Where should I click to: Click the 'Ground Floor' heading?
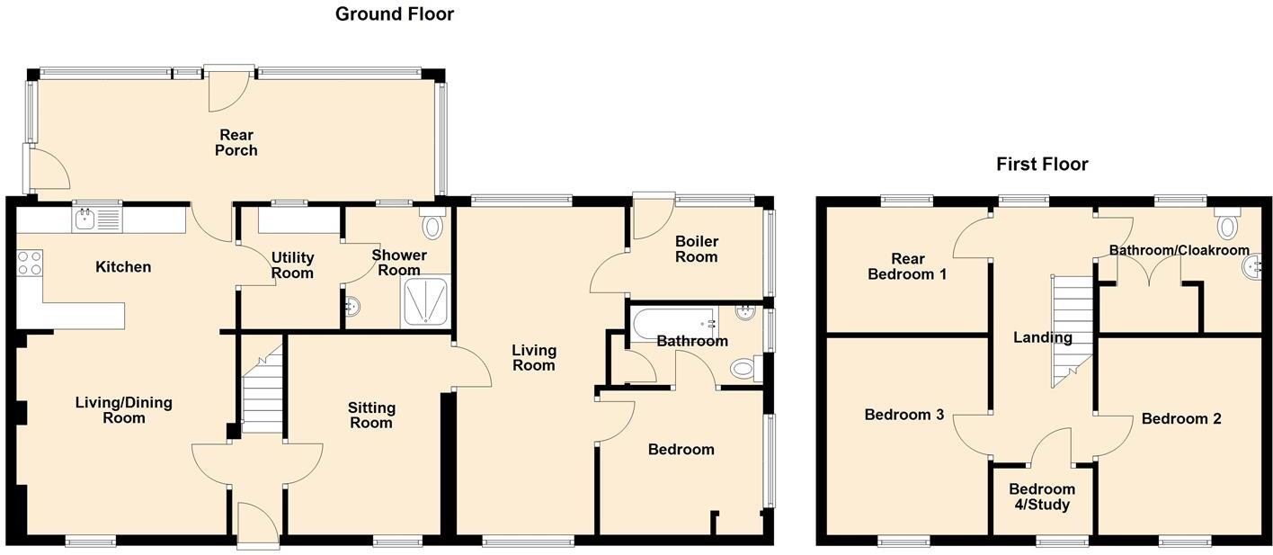click(x=394, y=13)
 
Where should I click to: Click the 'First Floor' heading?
click(x=1041, y=164)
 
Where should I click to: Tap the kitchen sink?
click(x=87, y=218)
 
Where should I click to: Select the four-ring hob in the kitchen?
click(x=28, y=263)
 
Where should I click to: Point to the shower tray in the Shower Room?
click(x=423, y=300)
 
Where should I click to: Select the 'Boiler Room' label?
click(x=697, y=249)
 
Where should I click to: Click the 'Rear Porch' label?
click(x=236, y=143)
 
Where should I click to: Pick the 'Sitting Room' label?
click(x=370, y=415)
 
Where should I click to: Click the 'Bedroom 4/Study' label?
click(x=1038, y=497)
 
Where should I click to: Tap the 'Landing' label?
click(x=1042, y=338)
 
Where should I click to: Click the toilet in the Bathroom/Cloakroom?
click(x=1227, y=221)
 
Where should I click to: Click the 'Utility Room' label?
click(x=292, y=265)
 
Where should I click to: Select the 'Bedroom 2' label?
click(x=1181, y=418)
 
